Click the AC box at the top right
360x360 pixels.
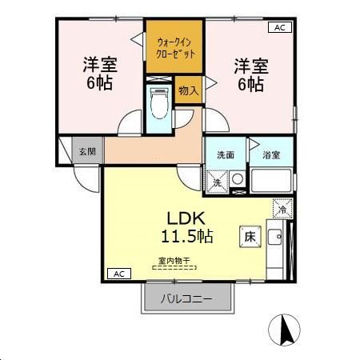tap(279, 27)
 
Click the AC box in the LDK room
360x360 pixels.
tap(118, 274)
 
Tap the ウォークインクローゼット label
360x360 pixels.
tap(174, 46)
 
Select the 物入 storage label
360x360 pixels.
tap(189, 90)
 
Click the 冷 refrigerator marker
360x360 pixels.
tap(282, 210)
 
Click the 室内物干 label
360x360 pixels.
tap(174, 260)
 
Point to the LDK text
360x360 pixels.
tap(187, 218)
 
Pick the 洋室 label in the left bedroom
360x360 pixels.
tap(99, 64)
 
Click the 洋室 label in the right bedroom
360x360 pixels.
tap(250, 64)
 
